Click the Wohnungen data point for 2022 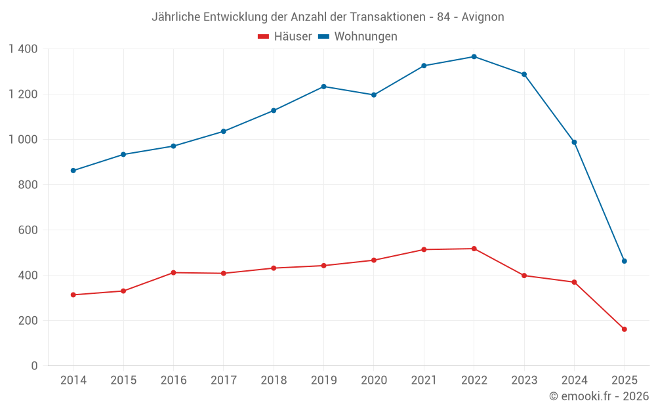click(474, 56)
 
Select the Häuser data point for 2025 click(624, 329)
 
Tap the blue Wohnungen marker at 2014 click(73, 171)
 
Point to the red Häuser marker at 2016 click(173, 272)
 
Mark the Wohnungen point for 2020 click(374, 95)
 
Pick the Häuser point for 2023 click(524, 276)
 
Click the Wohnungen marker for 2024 click(574, 142)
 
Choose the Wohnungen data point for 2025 click(624, 261)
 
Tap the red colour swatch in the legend click(264, 37)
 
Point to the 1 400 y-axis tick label click(23, 49)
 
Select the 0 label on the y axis click(34, 366)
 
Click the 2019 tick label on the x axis click(323, 380)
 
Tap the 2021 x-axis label click(424, 380)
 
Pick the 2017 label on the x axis click(223, 380)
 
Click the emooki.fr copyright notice click(599, 396)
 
